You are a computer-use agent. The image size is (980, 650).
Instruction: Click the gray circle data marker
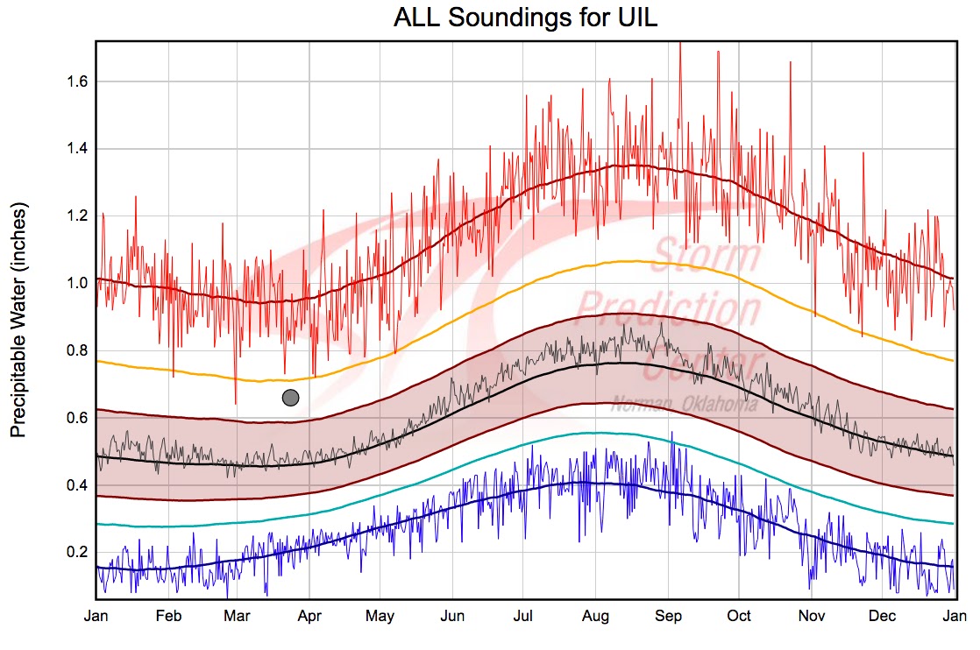[291, 398]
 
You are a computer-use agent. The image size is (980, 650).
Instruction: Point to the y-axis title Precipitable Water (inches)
[19, 320]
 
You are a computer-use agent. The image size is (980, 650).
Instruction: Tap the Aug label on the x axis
[596, 616]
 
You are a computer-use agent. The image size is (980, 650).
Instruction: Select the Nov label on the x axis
[811, 616]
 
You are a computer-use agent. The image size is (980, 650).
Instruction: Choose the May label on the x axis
[380, 616]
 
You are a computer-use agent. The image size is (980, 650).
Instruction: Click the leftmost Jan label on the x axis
[96, 616]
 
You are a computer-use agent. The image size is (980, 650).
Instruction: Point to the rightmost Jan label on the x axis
[954, 616]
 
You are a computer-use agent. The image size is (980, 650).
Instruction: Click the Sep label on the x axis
[668, 616]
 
